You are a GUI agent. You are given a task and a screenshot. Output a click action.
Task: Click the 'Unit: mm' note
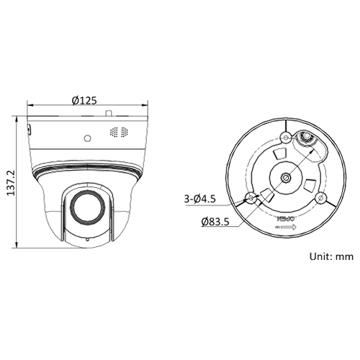tap(332, 256)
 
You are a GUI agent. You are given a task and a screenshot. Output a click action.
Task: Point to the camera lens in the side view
tap(86, 208)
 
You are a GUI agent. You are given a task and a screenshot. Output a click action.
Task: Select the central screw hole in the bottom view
tap(286, 177)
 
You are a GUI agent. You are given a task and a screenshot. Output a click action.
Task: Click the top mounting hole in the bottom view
tap(285, 137)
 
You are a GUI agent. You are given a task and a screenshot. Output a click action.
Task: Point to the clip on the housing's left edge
tap(28, 130)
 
